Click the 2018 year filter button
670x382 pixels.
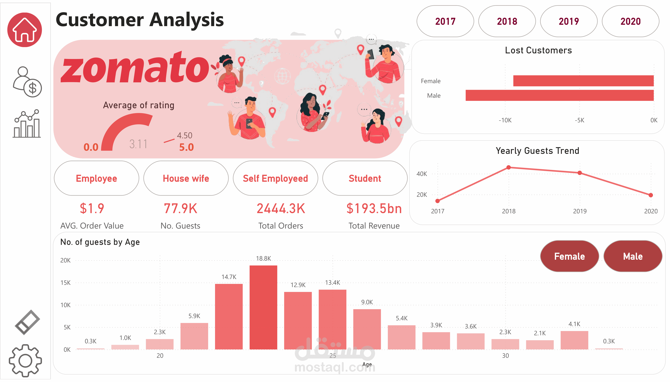click(x=507, y=21)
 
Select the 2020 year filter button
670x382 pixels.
click(x=630, y=21)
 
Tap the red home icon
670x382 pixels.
click(x=25, y=30)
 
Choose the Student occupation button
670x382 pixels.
click(x=365, y=178)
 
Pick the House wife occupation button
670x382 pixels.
click(x=186, y=178)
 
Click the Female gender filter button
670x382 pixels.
click(x=569, y=256)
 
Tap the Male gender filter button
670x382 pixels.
click(x=633, y=256)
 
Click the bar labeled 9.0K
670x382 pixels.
click(x=367, y=329)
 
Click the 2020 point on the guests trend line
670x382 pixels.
click(x=651, y=195)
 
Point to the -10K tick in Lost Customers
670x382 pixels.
click(x=505, y=120)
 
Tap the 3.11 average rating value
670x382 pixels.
click(x=138, y=144)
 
